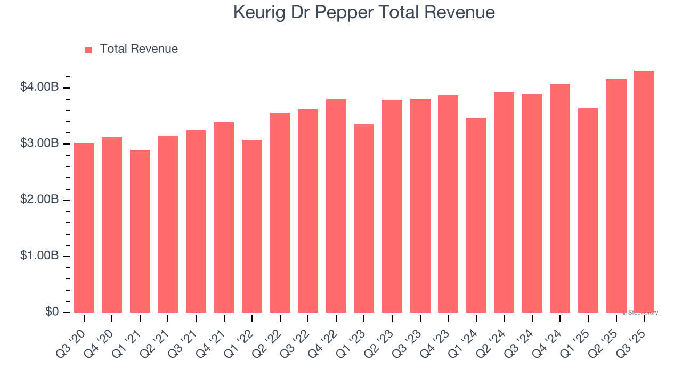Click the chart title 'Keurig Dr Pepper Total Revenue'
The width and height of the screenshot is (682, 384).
(364, 13)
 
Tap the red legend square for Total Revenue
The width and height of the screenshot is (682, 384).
(88, 50)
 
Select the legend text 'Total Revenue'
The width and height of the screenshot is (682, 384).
(139, 49)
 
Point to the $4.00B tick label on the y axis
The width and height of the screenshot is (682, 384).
(39, 87)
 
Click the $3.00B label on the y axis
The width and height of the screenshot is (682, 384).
(39, 143)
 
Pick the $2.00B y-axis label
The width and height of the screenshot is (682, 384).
(39, 199)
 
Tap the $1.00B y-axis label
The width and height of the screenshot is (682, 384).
(39, 256)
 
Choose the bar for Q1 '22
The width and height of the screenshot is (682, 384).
(252, 226)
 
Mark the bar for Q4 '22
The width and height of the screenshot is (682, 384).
(336, 206)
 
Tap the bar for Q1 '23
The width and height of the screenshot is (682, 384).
(364, 218)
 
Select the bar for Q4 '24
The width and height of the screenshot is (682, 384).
(560, 198)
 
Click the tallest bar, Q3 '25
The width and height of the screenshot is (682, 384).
(644, 191)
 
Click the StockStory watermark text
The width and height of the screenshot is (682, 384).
(640, 313)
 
